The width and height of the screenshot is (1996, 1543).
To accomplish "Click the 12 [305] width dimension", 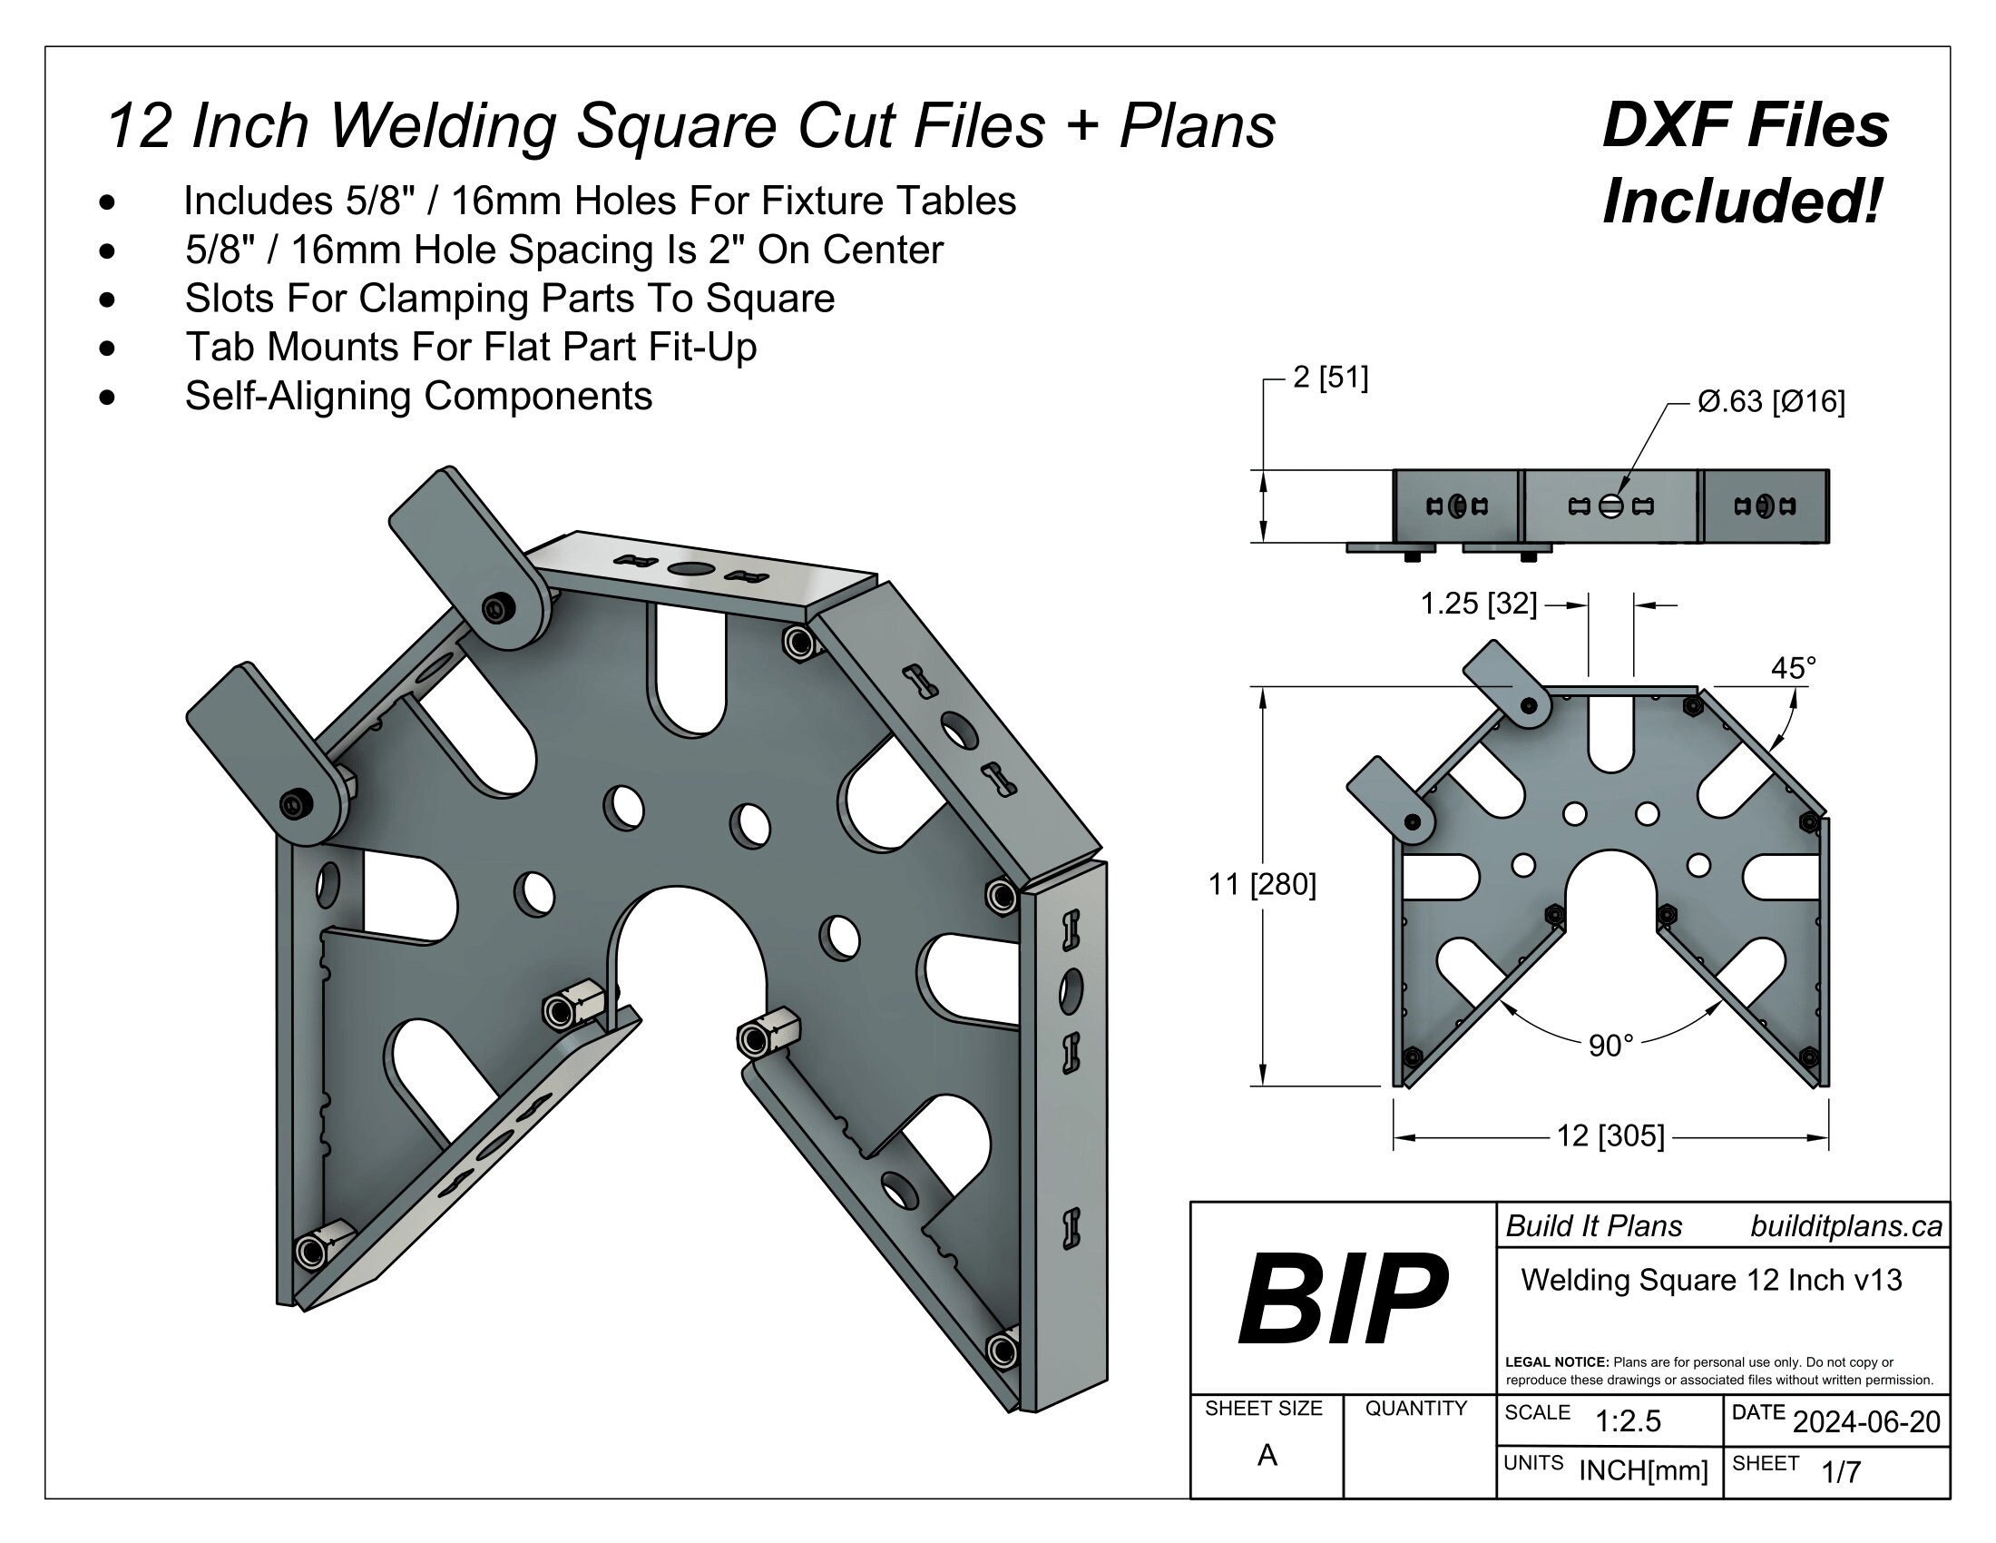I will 1610,1136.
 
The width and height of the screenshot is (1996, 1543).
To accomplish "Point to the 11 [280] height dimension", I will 1262,885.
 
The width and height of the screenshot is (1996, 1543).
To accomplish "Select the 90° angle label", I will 1610,1046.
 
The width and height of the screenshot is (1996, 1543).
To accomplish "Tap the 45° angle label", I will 1793,668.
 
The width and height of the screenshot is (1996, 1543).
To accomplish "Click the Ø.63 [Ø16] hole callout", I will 1771,401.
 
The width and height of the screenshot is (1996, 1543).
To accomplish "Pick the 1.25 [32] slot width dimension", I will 1478,604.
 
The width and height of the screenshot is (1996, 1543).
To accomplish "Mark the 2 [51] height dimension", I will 1331,377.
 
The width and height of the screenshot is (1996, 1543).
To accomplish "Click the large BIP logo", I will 1342,1301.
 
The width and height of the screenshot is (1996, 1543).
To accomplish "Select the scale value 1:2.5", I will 1628,1421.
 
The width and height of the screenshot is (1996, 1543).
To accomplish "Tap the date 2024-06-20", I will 1866,1422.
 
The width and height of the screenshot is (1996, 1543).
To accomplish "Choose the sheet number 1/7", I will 1841,1471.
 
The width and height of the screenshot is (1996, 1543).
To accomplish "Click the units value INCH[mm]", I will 1643,1470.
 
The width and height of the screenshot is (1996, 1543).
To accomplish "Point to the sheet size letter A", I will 1267,1455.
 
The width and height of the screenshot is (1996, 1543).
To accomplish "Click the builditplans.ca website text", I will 1846,1227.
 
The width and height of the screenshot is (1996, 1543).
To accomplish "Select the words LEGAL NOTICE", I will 1556,1362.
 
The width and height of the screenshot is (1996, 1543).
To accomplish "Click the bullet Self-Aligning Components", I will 418,396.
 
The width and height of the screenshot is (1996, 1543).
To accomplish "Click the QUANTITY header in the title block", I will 1415,1409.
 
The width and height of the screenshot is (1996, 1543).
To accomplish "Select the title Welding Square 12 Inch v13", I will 1711,1280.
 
